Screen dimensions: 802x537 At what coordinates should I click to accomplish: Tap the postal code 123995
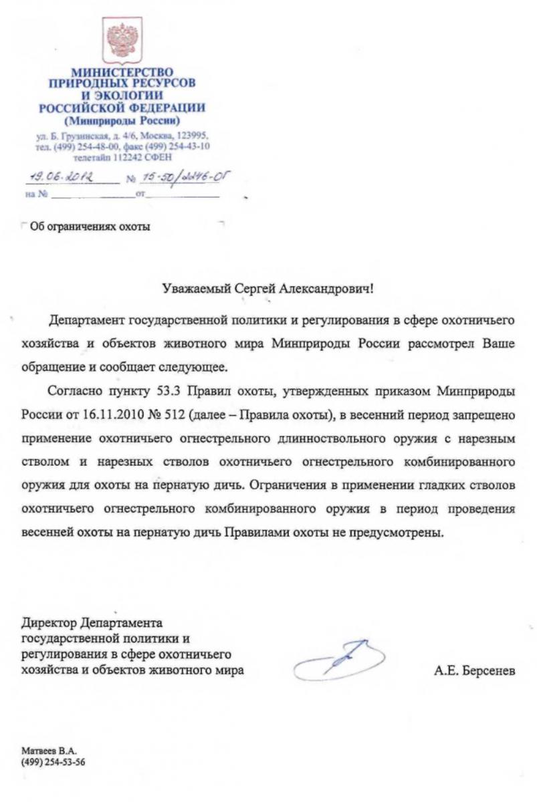coord(192,135)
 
